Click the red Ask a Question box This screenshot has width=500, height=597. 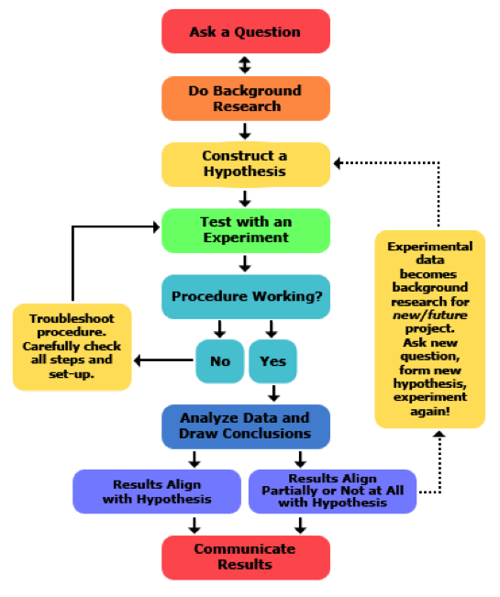click(245, 32)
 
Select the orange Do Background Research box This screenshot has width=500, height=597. click(245, 98)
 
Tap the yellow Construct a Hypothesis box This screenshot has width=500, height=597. click(245, 164)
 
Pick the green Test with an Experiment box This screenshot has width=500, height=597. click(245, 230)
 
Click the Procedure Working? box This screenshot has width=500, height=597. click(245, 297)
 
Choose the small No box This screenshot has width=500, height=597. click(219, 360)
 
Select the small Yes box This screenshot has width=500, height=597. click(272, 360)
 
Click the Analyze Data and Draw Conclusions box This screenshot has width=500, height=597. click(245, 426)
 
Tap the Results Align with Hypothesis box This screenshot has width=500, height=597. click(157, 492)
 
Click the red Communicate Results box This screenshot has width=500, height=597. click(245, 557)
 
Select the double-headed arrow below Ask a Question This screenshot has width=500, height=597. click(244, 65)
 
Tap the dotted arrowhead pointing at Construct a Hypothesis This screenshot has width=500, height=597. click(338, 163)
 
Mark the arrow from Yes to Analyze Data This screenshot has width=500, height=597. click(272, 393)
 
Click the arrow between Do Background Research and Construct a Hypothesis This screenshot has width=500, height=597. click(245, 131)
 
